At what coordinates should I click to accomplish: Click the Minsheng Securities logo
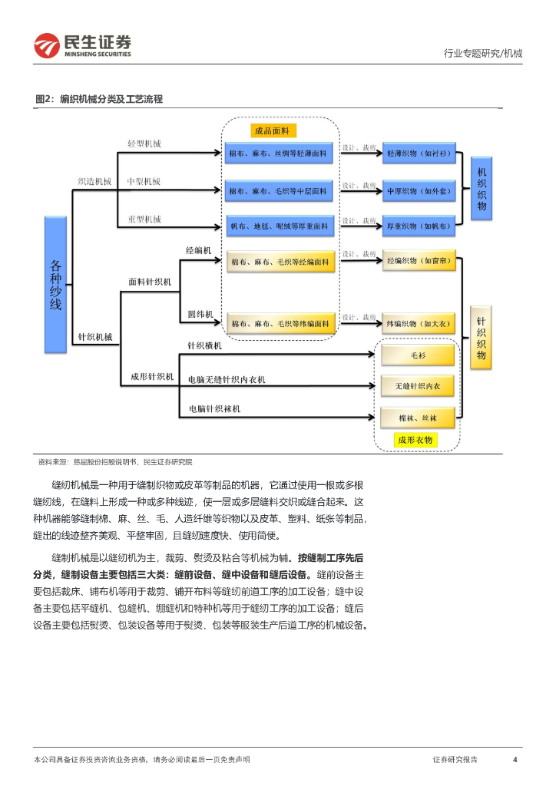(82, 45)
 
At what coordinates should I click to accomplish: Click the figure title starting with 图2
(99, 100)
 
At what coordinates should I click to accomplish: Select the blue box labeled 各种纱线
(55, 284)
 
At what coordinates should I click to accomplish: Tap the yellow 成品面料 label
(275, 130)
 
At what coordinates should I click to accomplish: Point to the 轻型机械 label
(144, 144)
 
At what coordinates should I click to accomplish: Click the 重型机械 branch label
(144, 220)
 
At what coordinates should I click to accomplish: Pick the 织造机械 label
(94, 182)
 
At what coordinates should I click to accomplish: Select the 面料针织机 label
(150, 282)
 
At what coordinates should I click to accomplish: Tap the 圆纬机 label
(199, 314)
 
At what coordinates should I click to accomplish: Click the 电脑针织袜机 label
(215, 409)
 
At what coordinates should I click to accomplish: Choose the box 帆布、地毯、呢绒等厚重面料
(280, 226)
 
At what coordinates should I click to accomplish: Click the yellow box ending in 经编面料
(281, 263)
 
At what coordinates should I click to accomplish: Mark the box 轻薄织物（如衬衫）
(419, 153)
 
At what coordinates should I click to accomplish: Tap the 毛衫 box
(418, 355)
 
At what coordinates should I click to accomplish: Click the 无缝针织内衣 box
(418, 385)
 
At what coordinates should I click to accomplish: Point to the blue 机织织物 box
(482, 189)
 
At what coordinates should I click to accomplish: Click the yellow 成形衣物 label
(415, 441)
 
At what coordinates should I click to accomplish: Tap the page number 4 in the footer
(515, 759)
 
